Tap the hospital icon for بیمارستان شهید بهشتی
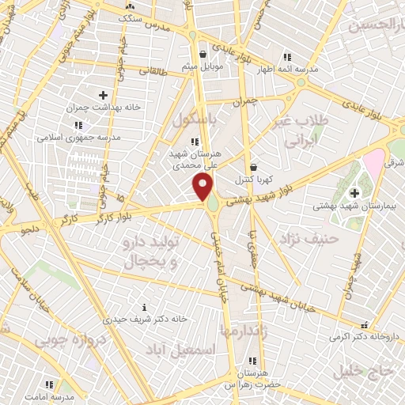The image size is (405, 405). point(354,192)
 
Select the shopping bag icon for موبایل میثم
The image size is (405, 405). point(205,55)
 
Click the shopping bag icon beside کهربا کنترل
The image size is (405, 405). point(253,167)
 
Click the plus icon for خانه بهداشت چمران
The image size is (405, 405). point(102,95)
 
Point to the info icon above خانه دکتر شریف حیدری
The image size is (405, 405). point(143,307)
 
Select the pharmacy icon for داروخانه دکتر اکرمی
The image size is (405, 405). point(365,324)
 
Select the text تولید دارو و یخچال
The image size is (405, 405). point(155,246)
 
